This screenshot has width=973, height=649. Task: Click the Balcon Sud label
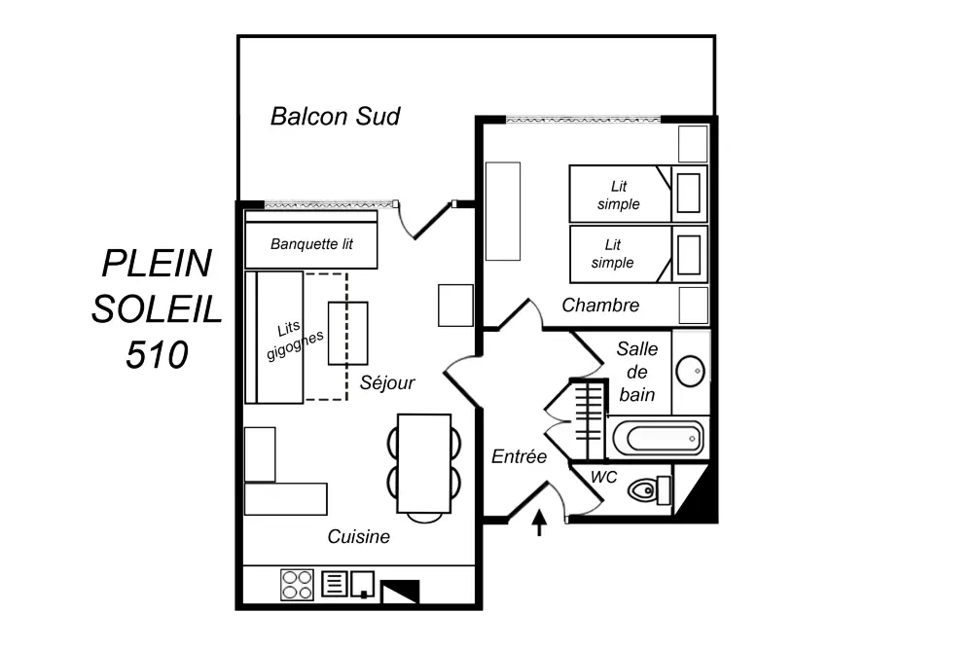[x=335, y=117]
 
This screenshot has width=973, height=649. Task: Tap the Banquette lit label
[x=311, y=244]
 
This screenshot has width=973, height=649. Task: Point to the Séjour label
[x=387, y=382]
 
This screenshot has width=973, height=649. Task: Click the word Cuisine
[x=358, y=536]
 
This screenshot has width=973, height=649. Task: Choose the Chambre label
[x=600, y=306]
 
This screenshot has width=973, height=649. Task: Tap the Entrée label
[x=519, y=456]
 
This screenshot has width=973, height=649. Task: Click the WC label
[x=604, y=478]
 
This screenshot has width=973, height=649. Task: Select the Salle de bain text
[x=637, y=372]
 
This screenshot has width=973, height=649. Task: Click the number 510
[x=156, y=354]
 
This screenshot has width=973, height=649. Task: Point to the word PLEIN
[x=157, y=263]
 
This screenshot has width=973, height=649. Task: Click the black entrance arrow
[x=539, y=524]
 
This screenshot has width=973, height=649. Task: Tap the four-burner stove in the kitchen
[x=297, y=584]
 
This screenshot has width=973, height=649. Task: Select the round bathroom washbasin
[x=691, y=369]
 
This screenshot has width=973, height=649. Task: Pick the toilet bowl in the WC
[x=644, y=488]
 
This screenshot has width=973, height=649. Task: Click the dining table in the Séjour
[x=424, y=463]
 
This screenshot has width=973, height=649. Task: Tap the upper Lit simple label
[x=619, y=195]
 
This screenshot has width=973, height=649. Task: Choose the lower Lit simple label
[x=612, y=253]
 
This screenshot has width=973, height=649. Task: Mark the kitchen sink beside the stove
[x=363, y=583]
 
